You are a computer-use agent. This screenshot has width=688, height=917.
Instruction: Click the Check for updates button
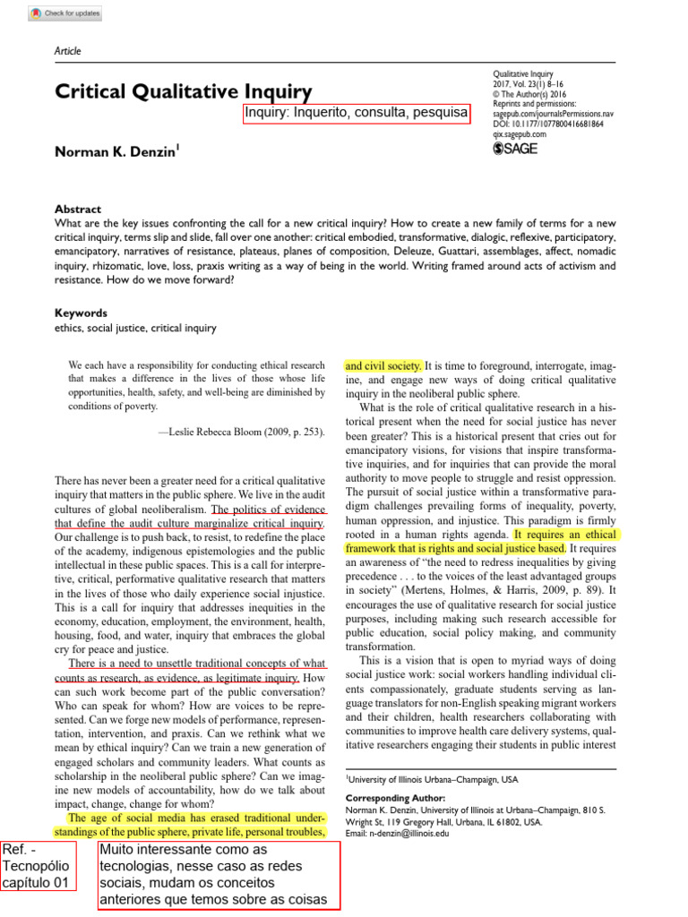(x=65, y=13)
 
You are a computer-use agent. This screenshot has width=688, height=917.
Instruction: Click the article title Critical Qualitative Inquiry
(x=184, y=91)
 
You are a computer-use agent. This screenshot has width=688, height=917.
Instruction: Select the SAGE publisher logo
(x=516, y=149)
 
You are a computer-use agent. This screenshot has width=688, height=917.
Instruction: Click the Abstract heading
(x=78, y=209)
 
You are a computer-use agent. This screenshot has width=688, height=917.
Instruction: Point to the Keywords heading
(x=81, y=313)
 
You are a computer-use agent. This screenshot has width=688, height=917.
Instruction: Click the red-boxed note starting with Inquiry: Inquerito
(x=356, y=113)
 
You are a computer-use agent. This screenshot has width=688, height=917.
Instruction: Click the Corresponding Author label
(x=395, y=798)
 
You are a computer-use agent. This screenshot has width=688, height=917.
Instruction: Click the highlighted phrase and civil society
(x=383, y=365)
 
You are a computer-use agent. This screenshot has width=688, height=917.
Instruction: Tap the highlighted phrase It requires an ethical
(x=565, y=534)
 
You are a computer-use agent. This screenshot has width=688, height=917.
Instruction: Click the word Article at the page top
(x=68, y=51)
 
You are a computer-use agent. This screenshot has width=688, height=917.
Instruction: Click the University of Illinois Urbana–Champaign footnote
(x=432, y=780)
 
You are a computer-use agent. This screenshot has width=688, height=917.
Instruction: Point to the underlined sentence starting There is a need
(x=196, y=664)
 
